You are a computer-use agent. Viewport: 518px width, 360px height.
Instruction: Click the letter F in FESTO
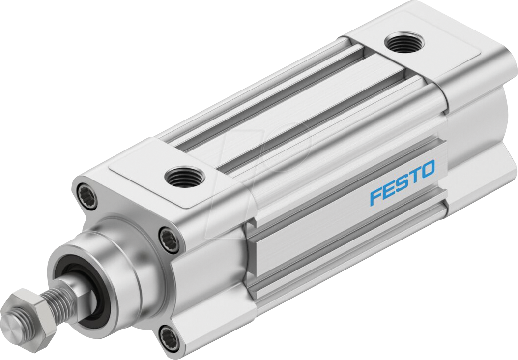tap(376, 196)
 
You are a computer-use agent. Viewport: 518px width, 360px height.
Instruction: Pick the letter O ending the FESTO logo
tap(427, 170)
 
